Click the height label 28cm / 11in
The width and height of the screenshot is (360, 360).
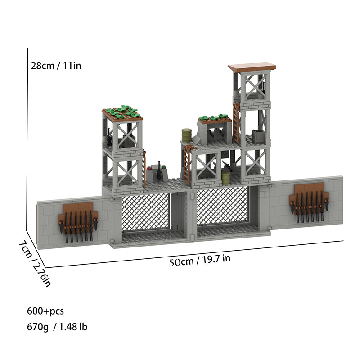tap(56, 66)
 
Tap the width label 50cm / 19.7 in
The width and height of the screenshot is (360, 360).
tap(200, 260)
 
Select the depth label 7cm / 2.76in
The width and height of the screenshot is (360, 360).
tap(35, 264)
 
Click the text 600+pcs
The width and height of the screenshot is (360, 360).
tap(45, 311)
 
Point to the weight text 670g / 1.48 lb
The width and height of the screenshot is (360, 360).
tap(57, 327)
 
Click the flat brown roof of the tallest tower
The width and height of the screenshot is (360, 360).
tap(252, 67)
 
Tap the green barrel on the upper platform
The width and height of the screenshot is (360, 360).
tap(187, 135)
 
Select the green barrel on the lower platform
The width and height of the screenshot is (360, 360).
tap(226, 178)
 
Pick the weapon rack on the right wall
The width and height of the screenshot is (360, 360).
tap(309, 202)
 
